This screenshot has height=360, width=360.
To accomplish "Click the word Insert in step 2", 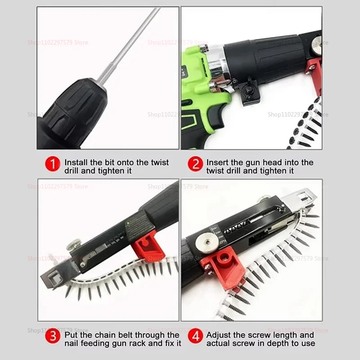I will coord(217,162).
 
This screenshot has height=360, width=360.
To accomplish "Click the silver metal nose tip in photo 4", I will coord(301,197).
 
